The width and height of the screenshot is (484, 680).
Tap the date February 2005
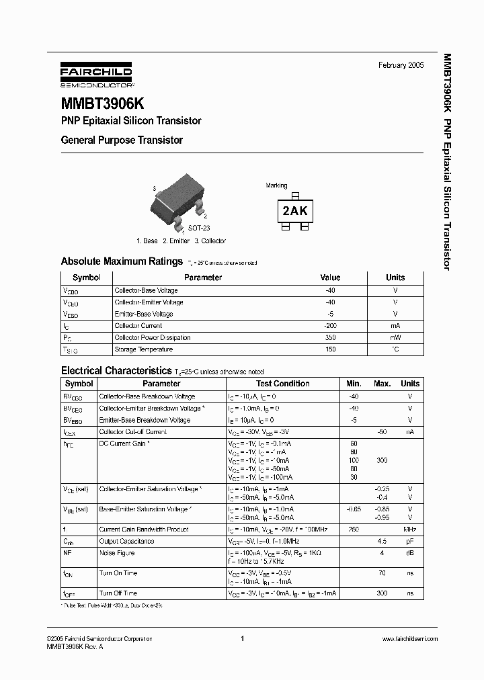(x=401, y=65)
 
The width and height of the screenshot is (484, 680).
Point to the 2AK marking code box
(x=294, y=211)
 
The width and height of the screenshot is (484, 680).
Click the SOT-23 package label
(x=199, y=228)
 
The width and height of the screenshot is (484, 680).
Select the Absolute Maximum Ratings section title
(x=122, y=261)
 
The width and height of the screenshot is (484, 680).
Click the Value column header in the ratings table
(x=330, y=278)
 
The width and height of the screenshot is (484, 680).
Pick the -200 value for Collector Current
(x=330, y=326)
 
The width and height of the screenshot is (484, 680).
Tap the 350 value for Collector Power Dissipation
(x=330, y=337)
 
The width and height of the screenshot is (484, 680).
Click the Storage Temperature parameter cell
(x=144, y=349)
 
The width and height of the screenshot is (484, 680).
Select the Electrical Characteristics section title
(x=116, y=370)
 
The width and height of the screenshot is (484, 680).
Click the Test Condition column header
(x=283, y=384)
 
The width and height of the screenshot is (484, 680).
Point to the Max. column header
(x=382, y=384)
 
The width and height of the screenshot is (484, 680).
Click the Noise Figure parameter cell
(x=117, y=553)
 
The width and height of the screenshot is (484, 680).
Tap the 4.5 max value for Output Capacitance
(x=382, y=541)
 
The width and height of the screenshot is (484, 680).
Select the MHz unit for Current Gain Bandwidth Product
(x=410, y=529)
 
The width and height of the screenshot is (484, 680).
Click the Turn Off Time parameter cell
(x=118, y=593)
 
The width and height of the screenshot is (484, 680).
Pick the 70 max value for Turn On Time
(x=382, y=573)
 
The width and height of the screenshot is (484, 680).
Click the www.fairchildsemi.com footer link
(x=409, y=638)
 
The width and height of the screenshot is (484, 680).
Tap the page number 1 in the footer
(x=241, y=638)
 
